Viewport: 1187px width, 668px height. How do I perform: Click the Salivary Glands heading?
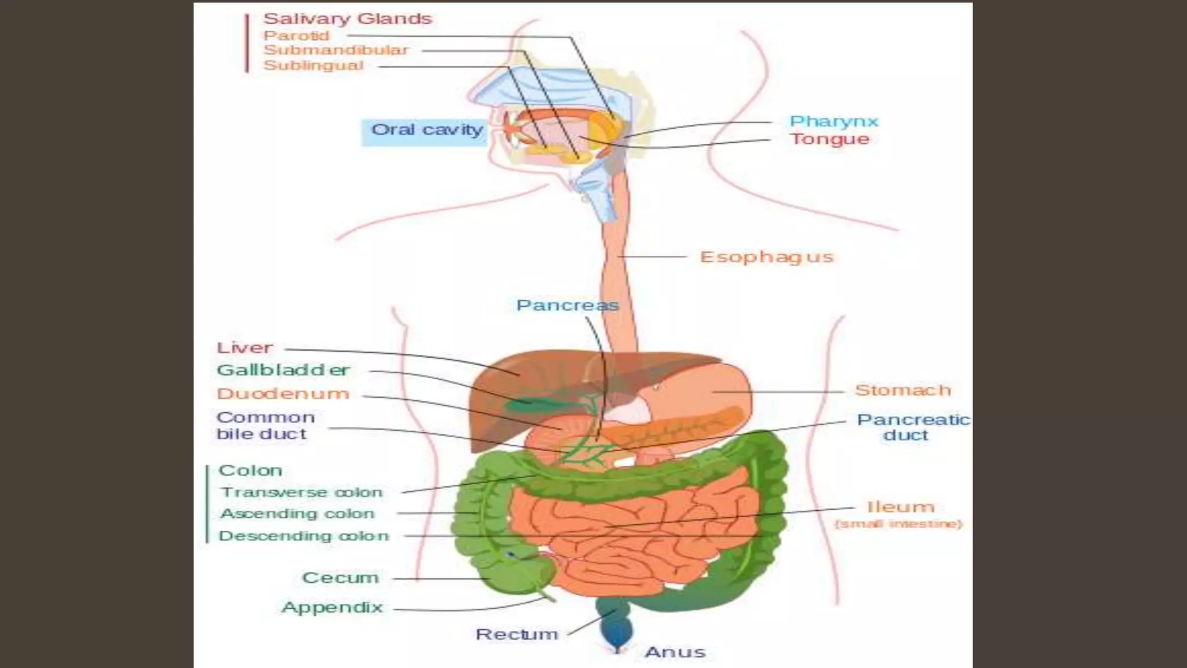tap(348, 19)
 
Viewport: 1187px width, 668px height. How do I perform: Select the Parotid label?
tap(296, 35)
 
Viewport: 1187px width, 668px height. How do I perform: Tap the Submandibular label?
tap(336, 50)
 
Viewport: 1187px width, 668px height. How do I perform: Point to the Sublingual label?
tap(314, 66)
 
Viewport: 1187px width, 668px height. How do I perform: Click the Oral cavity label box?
tap(427, 130)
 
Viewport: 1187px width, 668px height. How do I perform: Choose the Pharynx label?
tap(833, 122)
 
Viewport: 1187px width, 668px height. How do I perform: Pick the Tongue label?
tap(829, 140)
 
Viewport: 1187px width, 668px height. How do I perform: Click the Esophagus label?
tap(766, 257)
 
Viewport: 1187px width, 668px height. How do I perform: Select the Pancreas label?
tap(567, 306)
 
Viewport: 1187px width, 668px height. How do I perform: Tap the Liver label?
tap(244, 348)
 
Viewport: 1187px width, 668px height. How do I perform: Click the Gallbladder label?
tap(283, 370)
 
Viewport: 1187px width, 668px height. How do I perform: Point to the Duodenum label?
tap(283, 394)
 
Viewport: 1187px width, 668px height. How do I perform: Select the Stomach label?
tap(903, 390)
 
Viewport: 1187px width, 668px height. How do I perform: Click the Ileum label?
tap(900, 507)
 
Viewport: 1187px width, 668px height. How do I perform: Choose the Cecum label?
tap(340, 578)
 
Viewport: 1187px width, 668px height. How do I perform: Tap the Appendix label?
tap(332, 608)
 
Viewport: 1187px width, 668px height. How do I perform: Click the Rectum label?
tap(516, 634)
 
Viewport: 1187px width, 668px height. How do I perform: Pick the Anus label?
tap(675, 652)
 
